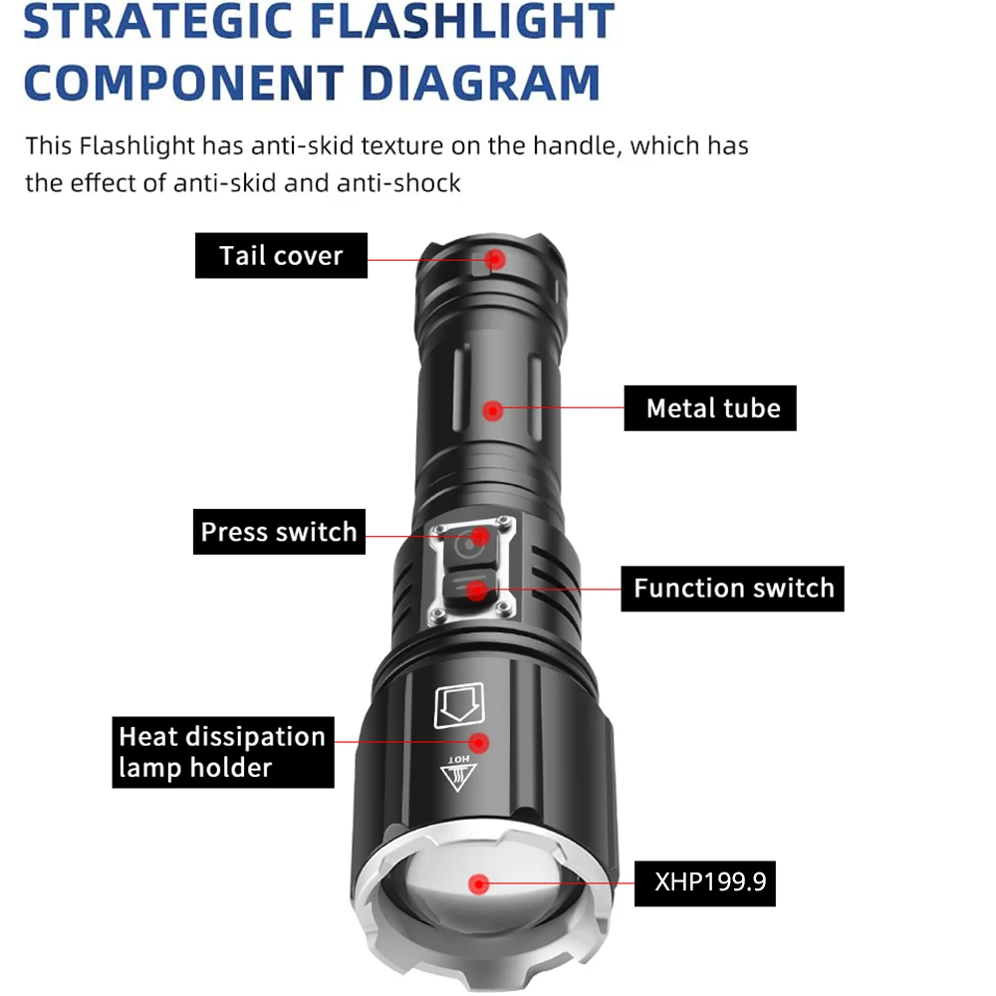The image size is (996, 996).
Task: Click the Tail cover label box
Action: point(281,256)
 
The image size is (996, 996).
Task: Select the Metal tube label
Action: point(711,408)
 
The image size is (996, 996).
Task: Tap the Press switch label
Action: point(279,532)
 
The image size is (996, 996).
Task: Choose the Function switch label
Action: point(733,589)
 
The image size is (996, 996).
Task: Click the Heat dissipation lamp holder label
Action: point(222,752)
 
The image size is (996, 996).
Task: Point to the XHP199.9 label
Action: point(706,881)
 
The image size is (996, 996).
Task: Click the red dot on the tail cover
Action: point(495,259)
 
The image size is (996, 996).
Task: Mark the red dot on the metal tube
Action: point(492,408)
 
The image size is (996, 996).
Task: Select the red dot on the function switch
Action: point(478,592)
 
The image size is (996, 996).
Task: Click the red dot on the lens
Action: point(479,882)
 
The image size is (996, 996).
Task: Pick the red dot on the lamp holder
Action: point(479,742)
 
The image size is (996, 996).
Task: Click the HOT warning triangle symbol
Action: point(459,776)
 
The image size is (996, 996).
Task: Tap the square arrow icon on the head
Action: point(459,706)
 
